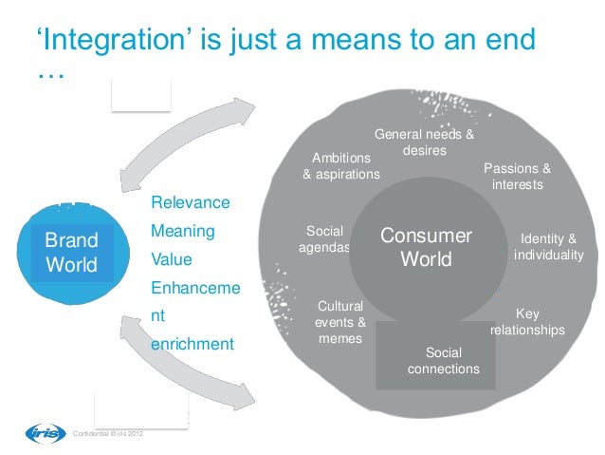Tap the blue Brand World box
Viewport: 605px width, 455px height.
click(x=71, y=250)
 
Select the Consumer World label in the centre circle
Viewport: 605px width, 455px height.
click(x=426, y=247)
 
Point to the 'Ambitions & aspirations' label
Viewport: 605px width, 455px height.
click(x=340, y=165)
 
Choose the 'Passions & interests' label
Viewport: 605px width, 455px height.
click(x=517, y=177)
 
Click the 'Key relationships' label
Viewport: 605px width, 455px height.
click(x=527, y=322)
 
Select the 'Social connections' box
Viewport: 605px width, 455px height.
click(x=443, y=359)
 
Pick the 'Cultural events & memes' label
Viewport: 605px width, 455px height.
click(x=340, y=322)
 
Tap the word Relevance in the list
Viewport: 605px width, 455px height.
click(x=190, y=203)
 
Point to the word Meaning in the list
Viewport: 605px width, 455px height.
click(x=183, y=231)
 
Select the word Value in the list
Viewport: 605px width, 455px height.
click(x=172, y=258)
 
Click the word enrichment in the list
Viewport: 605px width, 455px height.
click(x=192, y=343)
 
